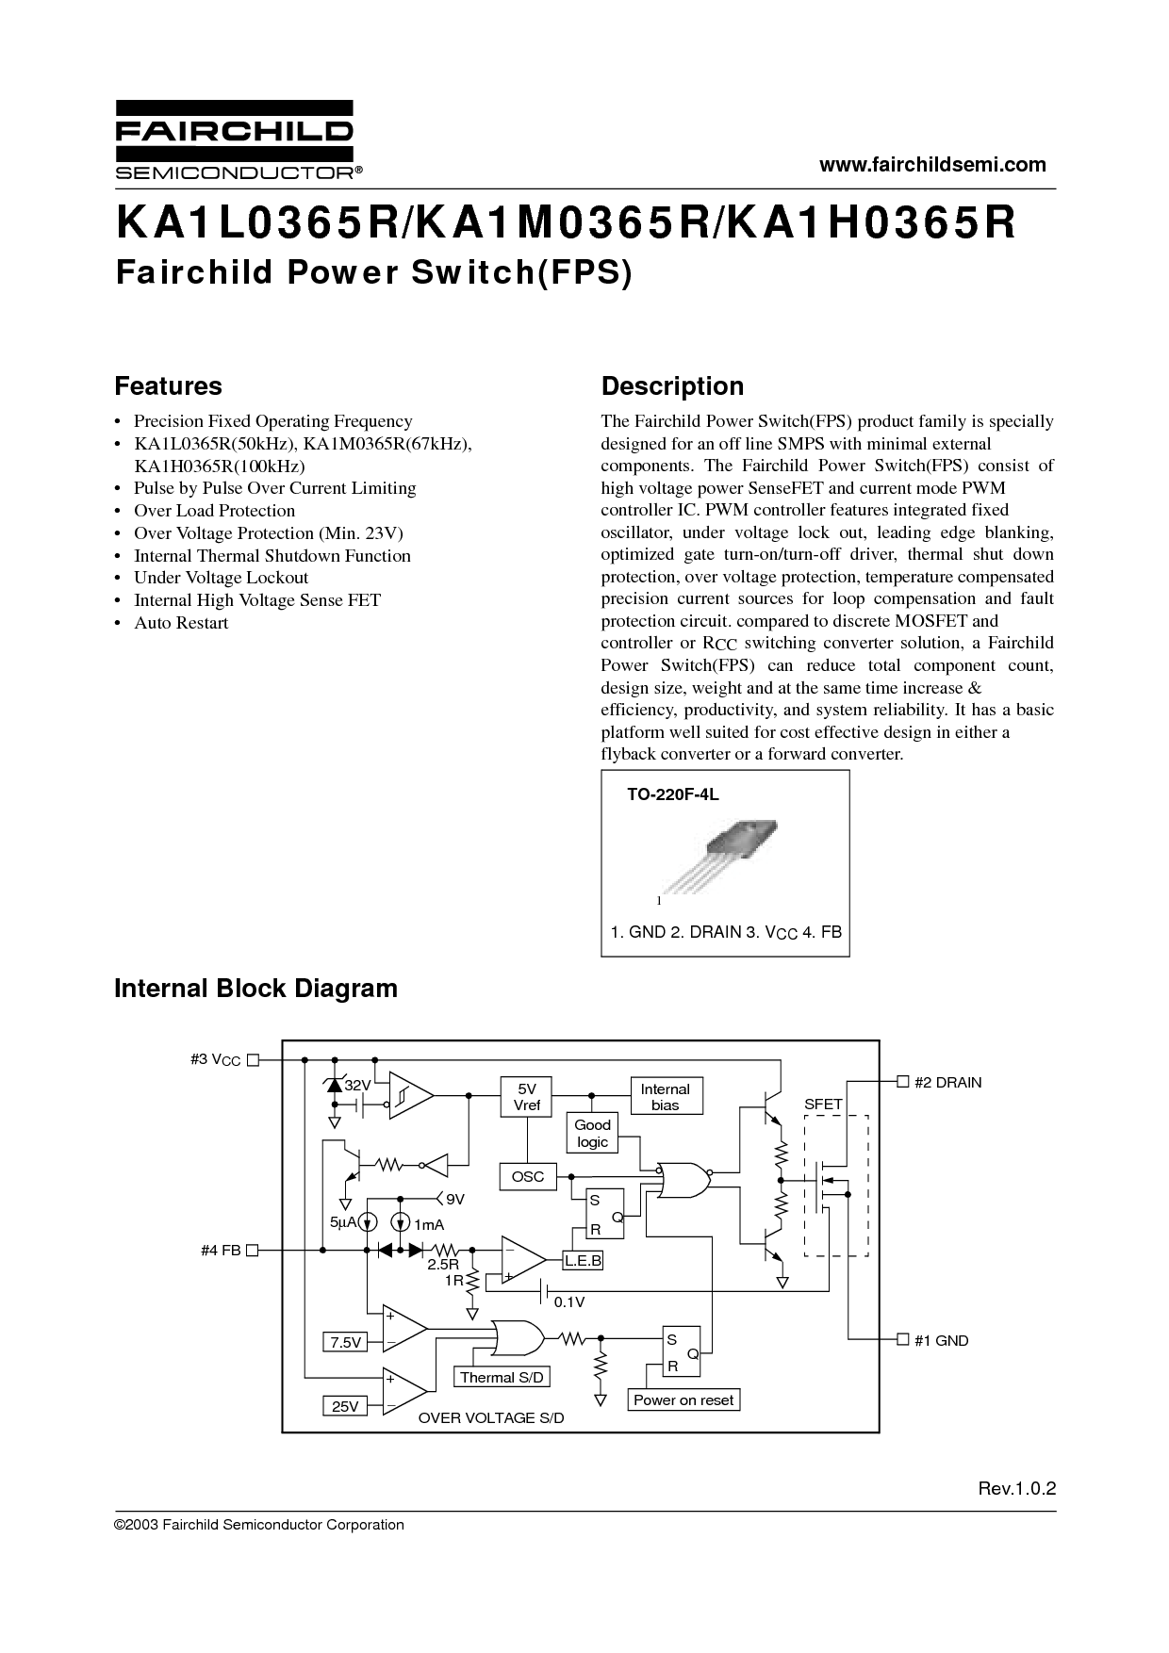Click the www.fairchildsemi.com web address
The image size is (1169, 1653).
click(x=932, y=165)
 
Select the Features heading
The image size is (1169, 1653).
click(x=168, y=386)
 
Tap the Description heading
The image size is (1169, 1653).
click(x=672, y=386)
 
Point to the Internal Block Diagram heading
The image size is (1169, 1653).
click(x=255, y=989)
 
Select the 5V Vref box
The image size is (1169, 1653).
click(x=526, y=1097)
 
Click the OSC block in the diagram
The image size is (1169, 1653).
click(x=528, y=1176)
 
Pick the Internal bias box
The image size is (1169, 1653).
click(x=665, y=1097)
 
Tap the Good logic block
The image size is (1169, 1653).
click(x=592, y=1133)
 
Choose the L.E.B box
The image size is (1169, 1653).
click(x=583, y=1261)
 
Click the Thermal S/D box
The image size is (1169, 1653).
click(x=502, y=1377)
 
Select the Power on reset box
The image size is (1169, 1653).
click(x=683, y=1399)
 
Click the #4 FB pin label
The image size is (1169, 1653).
click(x=222, y=1250)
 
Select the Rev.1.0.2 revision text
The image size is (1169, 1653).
click(x=1016, y=1489)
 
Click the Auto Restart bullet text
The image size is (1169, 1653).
click(x=181, y=623)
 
